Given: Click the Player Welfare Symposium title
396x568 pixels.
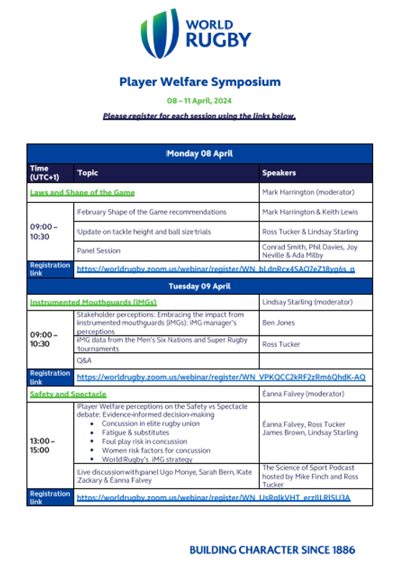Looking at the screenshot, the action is click(199, 82).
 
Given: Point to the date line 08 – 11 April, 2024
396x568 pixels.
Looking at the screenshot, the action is click(199, 101).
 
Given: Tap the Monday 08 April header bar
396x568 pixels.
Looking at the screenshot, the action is click(199, 153).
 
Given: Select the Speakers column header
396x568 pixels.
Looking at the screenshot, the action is click(278, 173).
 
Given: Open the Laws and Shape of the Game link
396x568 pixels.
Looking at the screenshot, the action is click(82, 193).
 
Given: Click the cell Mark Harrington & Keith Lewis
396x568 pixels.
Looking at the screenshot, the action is click(310, 212).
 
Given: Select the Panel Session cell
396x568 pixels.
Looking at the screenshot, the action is click(98, 251).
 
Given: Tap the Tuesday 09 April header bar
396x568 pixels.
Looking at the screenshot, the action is click(199, 285).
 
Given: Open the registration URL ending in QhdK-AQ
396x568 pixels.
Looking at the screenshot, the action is click(220, 377).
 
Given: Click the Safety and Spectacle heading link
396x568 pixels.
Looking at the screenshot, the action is click(67, 394).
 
